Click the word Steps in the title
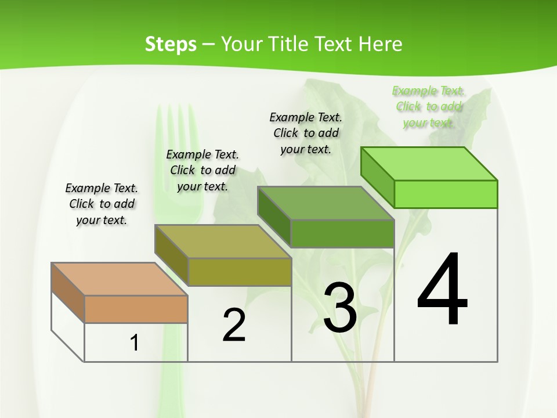[171, 44]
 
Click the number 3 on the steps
[340, 308]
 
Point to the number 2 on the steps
[234, 325]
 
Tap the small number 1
[135, 343]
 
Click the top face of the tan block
[119, 279]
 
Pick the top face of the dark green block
[325, 203]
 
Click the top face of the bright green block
[429, 164]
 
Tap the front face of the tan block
[136, 309]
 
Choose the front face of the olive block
[240, 272]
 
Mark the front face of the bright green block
[446, 194]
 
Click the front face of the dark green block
[342, 233]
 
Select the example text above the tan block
[102, 204]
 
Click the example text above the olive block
[202, 171]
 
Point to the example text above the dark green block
[306, 133]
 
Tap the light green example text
[428, 107]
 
